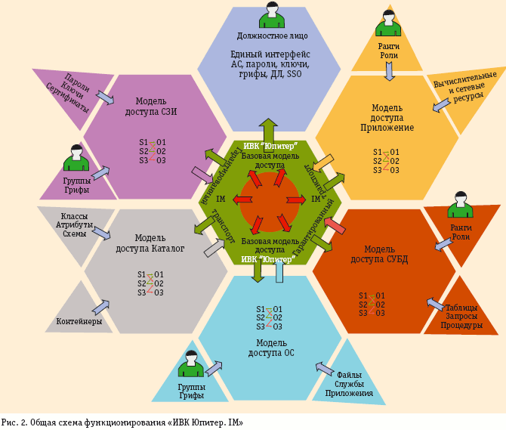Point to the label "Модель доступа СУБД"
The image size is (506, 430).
click(x=384, y=255)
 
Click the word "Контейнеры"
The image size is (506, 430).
click(x=79, y=322)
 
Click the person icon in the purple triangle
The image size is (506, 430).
click(x=76, y=158)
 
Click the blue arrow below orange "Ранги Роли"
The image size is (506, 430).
click(x=390, y=71)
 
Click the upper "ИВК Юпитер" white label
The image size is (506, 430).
click(x=270, y=146)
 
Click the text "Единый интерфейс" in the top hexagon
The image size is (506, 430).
click(x=270, y=54)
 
